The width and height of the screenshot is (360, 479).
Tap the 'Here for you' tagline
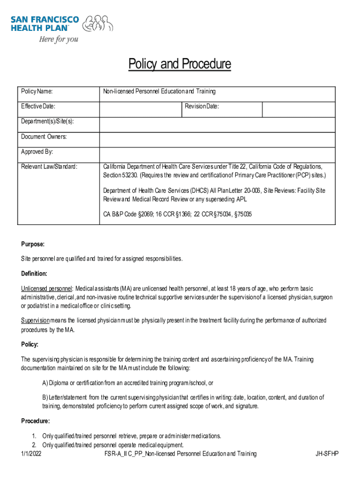58,39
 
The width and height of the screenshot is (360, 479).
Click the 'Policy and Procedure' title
180,64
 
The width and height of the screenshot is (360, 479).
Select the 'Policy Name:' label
37,91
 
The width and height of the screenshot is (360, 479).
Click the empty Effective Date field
140,109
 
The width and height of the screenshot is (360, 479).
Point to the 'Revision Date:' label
202,107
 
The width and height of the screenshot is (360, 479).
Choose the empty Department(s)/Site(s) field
217,125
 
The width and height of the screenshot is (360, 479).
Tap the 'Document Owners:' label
44,137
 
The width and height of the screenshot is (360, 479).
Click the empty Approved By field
217,154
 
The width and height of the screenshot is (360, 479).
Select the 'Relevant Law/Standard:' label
49,167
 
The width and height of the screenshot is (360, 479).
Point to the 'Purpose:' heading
33,244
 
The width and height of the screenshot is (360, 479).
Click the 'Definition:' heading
34,274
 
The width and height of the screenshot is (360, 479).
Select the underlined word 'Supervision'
35,320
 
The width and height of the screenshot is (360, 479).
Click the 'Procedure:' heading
35,421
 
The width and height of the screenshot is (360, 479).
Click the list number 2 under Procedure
34,444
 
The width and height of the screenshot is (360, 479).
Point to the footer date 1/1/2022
31,454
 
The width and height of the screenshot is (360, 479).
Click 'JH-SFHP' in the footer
327,454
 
